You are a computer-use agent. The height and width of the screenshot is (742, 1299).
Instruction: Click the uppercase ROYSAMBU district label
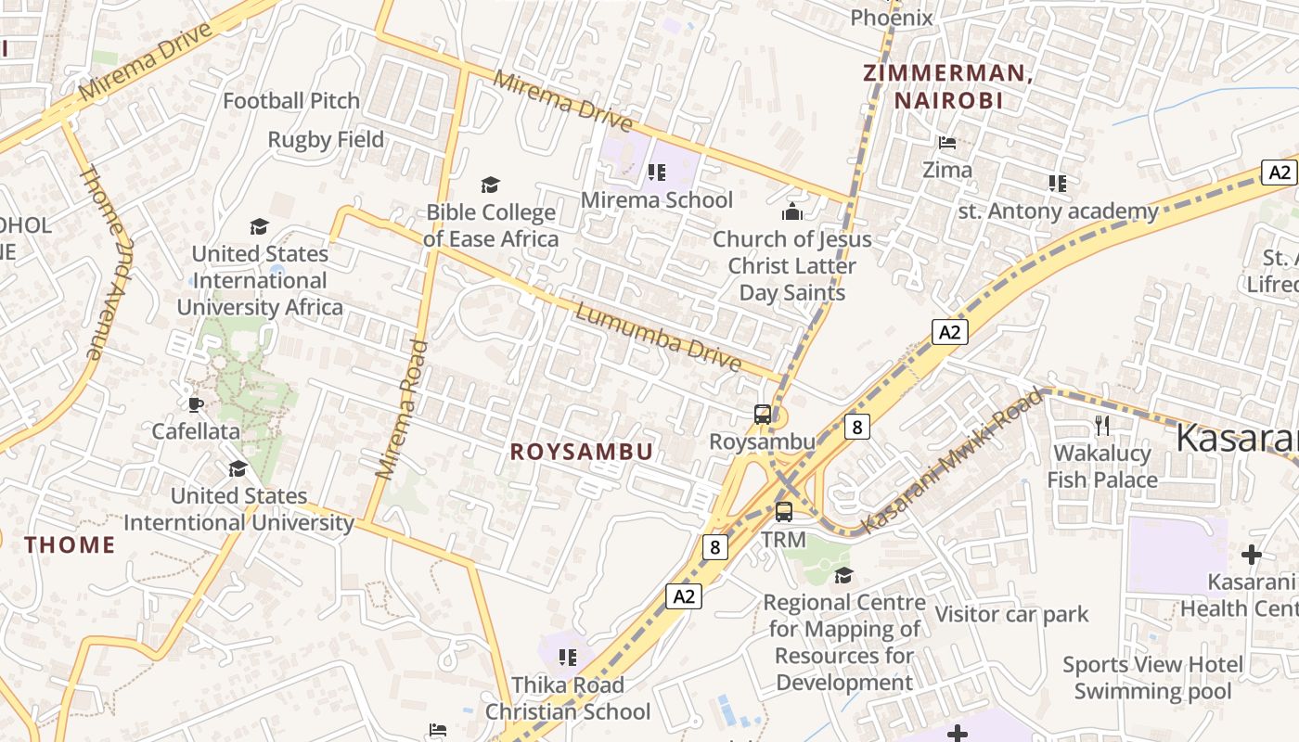click(x=582, y=452)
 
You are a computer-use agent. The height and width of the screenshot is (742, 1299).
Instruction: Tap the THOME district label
click(x=71, y=544)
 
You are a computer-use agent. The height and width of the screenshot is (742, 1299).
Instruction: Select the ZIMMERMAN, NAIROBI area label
click(x=948, y=86)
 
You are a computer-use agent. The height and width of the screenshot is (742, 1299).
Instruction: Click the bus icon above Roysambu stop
click(x=763, y=415)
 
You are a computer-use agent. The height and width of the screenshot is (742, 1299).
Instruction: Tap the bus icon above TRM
click(x=784, y=512)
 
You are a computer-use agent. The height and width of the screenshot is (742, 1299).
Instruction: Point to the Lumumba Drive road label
click(x=659, y=336)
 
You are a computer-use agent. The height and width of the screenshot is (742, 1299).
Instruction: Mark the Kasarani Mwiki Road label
click(x=953, y=462)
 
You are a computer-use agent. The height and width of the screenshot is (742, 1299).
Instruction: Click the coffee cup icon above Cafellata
click(x=195, y=403)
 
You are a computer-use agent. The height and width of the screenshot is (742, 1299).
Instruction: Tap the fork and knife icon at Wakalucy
click(x=1102, y=426)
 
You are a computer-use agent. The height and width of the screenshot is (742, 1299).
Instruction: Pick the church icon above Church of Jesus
click(x=791, y=212)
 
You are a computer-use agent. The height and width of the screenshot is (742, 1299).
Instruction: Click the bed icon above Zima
click(x=947, y=143)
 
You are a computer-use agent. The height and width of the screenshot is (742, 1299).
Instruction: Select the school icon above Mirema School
click(x=657, y=172)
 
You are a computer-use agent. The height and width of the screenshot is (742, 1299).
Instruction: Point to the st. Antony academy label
click(x=1058, y=211)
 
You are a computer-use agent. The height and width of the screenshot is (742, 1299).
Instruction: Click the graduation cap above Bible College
click(x=490, y=185)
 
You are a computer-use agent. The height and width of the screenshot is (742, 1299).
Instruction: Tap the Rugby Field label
click(x=326, y=139)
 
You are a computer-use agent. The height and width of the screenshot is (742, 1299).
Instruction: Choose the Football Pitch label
click(x=290, y=101)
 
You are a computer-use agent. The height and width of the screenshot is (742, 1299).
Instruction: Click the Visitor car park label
click(x=1011, y=614)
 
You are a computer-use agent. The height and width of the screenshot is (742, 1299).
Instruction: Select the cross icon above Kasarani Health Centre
click(x=1251, y=556)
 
